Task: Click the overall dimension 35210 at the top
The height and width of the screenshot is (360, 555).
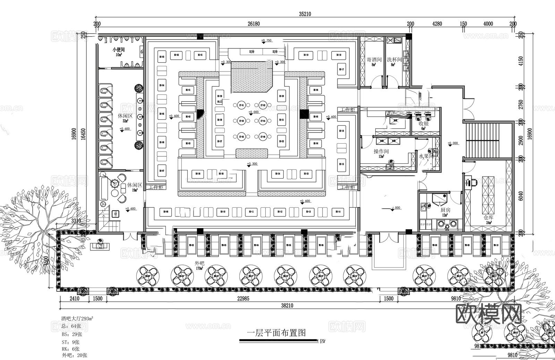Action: click(305, 14)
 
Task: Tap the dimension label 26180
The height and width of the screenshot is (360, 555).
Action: click(254, 24)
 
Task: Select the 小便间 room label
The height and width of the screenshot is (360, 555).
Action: click(118, 50)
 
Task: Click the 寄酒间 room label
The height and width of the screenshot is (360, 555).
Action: click(374, 60)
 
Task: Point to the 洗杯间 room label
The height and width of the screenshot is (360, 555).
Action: click(394, 60)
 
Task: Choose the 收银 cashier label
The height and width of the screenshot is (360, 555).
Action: click(424, 123)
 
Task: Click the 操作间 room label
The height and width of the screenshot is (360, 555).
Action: click(381, 152)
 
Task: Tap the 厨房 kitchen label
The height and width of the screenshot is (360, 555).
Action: click(445, 210)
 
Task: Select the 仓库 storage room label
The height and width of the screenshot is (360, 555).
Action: click(488, 217)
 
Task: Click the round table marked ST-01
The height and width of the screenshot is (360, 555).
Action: click(241, 105)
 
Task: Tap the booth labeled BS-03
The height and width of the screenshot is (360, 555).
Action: click(162, 57)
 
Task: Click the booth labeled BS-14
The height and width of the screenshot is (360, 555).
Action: click(338, 212)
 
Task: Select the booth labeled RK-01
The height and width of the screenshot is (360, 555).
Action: click(188, 90)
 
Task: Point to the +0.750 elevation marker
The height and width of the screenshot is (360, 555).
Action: click(266, 41)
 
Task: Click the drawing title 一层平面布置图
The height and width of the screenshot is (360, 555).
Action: click(276, 333)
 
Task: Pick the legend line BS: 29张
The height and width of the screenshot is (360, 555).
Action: click(72, 334)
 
